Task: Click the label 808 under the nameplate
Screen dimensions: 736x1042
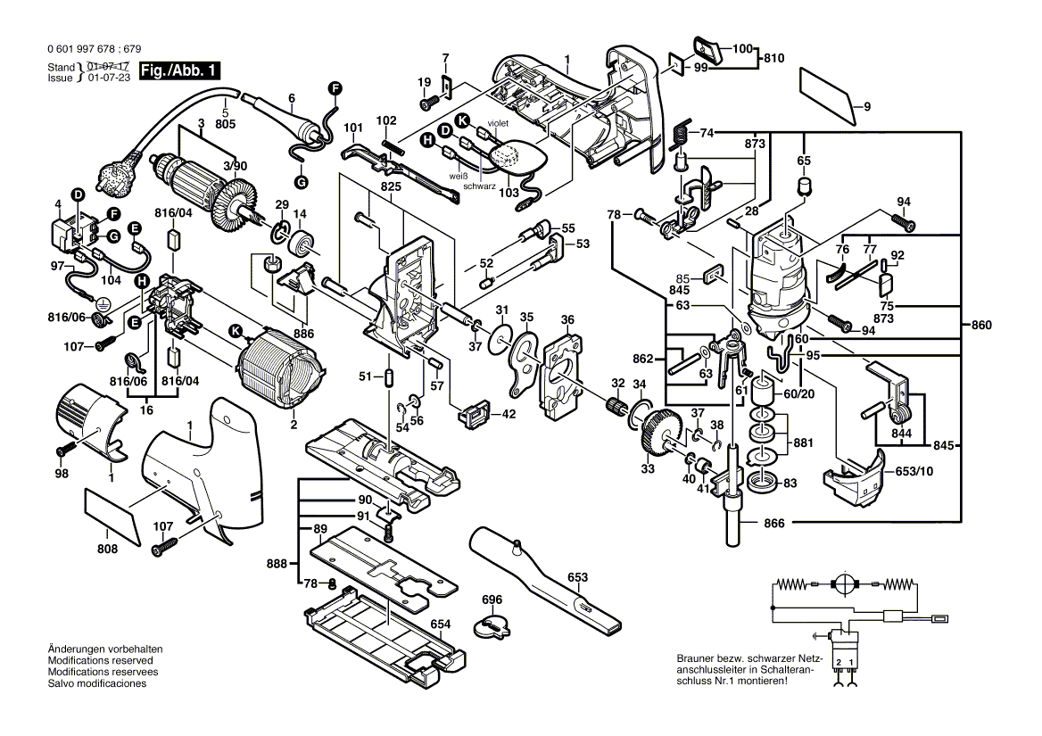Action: coord(107,550)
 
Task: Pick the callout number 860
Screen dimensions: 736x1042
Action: coord(980,326)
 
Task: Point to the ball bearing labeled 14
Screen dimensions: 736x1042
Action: coord(307,242)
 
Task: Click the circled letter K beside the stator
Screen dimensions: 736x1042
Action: coord(236,331)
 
